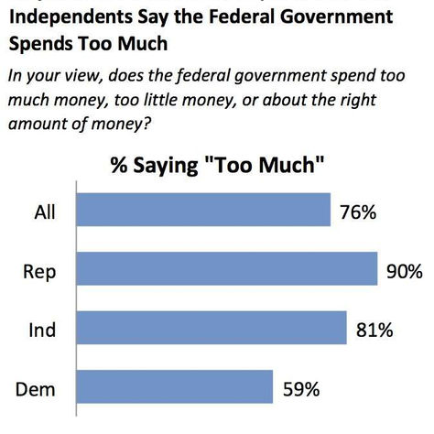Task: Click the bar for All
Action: [202, 210]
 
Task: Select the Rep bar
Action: [226, 269]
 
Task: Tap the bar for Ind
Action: [211, 328]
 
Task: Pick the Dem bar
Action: [174, 386]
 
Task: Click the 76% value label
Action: [359, 212]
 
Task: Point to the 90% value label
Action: [404, 271]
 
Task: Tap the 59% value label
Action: [300, 388]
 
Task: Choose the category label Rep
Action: [39, 271]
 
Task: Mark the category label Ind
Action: [41, 330]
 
